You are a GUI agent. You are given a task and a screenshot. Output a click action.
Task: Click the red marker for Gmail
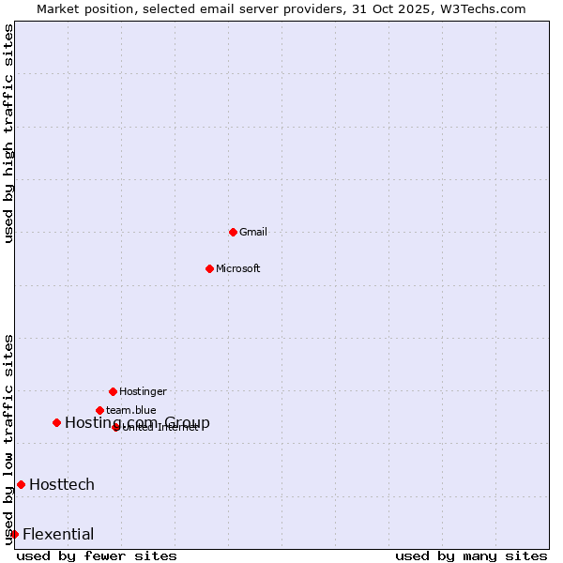[233, 232]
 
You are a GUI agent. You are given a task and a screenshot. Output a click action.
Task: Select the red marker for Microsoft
[209, 268]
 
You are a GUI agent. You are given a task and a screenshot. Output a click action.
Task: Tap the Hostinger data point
[113, 391]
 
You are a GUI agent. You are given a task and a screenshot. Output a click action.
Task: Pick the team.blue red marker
[99, 410]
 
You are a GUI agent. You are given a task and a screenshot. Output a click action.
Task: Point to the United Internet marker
[115, 427]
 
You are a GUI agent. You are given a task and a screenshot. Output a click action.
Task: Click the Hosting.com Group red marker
[56, 422]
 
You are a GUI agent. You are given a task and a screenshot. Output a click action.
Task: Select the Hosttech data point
[21, 484]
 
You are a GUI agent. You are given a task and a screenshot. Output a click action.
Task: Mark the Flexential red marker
[14, 534]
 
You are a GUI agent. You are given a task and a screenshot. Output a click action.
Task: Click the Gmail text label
[253, 233]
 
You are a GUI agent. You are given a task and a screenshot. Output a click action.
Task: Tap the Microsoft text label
[238, 269]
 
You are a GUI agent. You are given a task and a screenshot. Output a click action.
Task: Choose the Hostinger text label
[143, 392]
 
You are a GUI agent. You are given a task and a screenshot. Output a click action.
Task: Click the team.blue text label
[131, 411]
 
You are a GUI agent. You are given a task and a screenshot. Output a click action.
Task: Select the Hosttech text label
[62, 484]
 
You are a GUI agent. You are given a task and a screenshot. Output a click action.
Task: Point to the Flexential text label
[58, 535]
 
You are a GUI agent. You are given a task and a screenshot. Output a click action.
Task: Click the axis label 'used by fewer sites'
[97, 555]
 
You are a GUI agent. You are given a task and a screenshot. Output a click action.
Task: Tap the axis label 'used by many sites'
[471, 555]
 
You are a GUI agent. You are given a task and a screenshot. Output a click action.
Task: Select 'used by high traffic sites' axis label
[9, 133]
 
